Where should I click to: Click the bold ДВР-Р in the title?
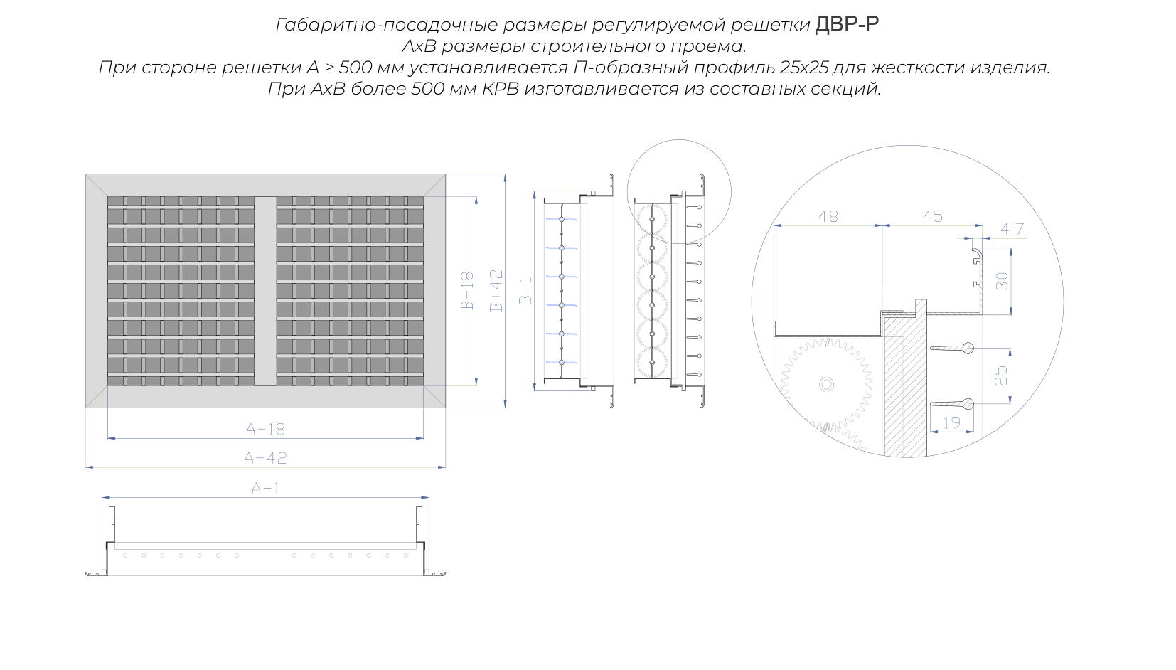click(x=846, y=24)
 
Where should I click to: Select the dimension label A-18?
click(x=266, y=430)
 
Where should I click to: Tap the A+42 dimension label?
click(x=266, y=458)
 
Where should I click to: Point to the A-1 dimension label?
click(x=266, y=489)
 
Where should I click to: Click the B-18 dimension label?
click(x=466, y=290)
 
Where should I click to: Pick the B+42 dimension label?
click(x=496, y=290)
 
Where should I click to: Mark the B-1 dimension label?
click(x=525, y=290)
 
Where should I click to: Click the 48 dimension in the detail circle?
click(x=828, y=216)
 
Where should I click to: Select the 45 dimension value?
click(x=932, y=216)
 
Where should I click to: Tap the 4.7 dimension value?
click(x=1012, y=229)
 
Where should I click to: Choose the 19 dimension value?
click(x=951, y=422)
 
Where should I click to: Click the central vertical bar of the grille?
click(x=265, y=291)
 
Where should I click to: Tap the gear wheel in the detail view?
click(x=825, y=385)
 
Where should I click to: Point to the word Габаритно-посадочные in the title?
click(x=386, y=25)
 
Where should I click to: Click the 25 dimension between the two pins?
click(x=1001, y=376)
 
